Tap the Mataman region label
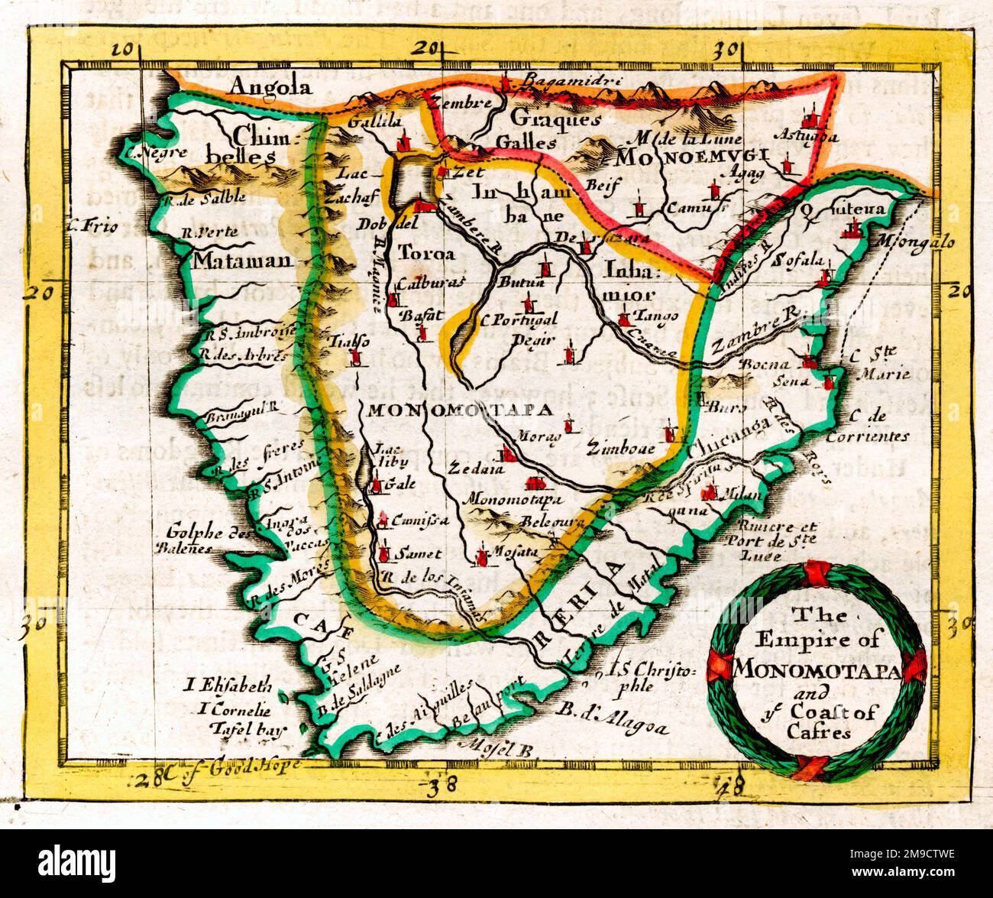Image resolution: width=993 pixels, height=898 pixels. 242,261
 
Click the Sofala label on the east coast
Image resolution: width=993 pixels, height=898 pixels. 798,258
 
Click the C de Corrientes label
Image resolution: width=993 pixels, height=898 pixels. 877,427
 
